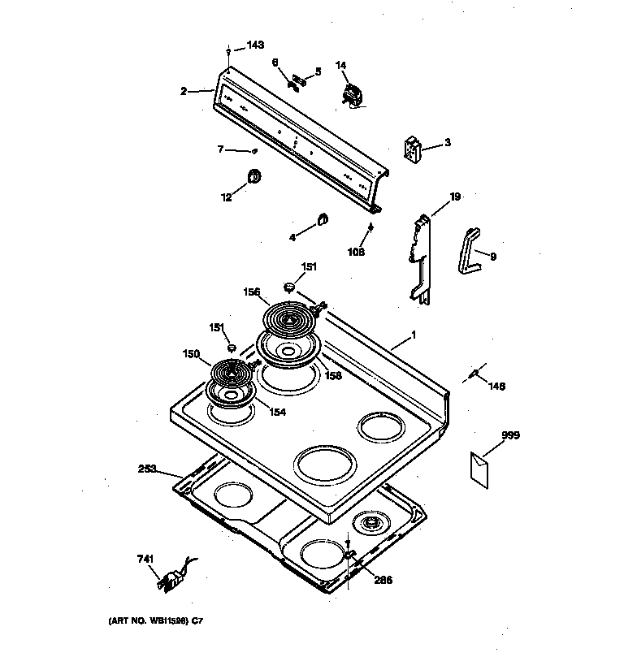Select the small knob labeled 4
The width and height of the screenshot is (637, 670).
[x=322, y=217]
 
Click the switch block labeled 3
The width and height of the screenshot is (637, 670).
[x=414, y=149]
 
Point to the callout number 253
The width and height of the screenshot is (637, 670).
[x=148, y=469]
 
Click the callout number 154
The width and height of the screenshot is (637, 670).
[x=277, y=412]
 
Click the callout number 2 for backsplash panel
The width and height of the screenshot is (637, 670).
[x=184, y=91]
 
